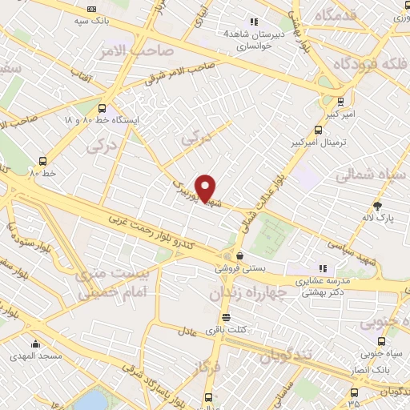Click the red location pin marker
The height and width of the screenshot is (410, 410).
[x=206, y=188]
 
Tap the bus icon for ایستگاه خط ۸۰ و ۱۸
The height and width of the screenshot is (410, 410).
[x=102, y=109]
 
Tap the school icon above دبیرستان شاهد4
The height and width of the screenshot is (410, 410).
[x=254, y=22]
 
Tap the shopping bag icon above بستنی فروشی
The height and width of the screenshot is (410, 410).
[x=239, y=256]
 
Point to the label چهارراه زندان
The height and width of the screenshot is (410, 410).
[x=247, y=294]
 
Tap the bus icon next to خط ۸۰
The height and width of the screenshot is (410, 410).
[x=42, y=160]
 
